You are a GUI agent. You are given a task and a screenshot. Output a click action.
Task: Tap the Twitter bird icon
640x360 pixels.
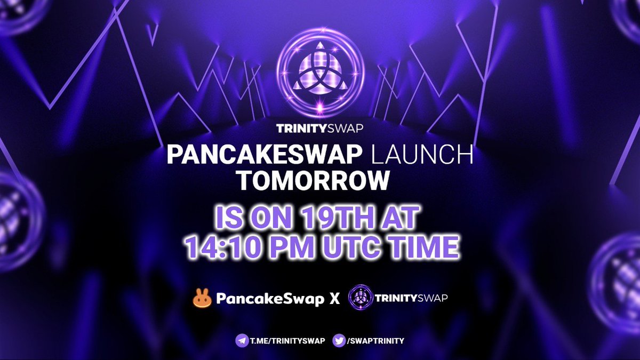click(x=339, y=340)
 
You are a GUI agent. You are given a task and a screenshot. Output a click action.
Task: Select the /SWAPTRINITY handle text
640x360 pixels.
click(x=376, y=340)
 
